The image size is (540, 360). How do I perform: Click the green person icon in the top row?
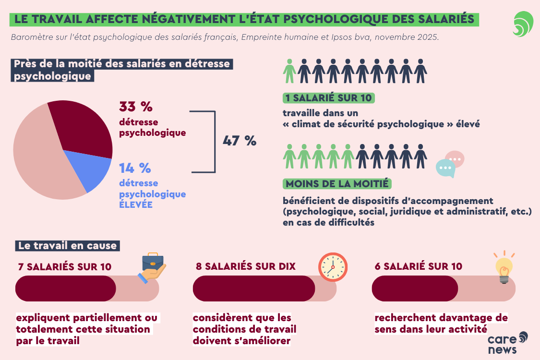point(289,71)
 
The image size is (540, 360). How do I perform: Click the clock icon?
point(333,266)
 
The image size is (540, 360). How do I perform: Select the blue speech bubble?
point(445,168)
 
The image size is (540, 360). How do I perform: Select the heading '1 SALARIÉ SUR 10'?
point(329,98)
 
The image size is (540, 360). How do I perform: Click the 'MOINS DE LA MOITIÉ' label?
point(337,184)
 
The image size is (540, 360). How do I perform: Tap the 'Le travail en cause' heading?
point(67,245)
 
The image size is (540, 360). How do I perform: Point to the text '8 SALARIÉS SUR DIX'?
point(246,266)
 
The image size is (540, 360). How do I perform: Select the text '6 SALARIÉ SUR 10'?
point(418,266)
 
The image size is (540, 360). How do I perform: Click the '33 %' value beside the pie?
point(136,107)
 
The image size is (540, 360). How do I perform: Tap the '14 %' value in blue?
point(135,168)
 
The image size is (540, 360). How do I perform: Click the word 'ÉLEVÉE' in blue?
point(136,204)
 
